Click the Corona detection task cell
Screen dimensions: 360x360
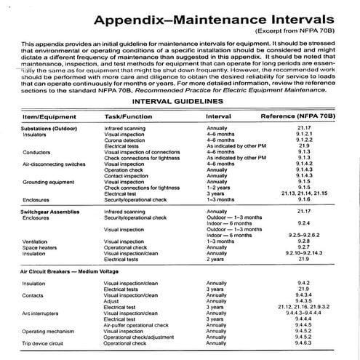pyautogui.click(x=131, y=140)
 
